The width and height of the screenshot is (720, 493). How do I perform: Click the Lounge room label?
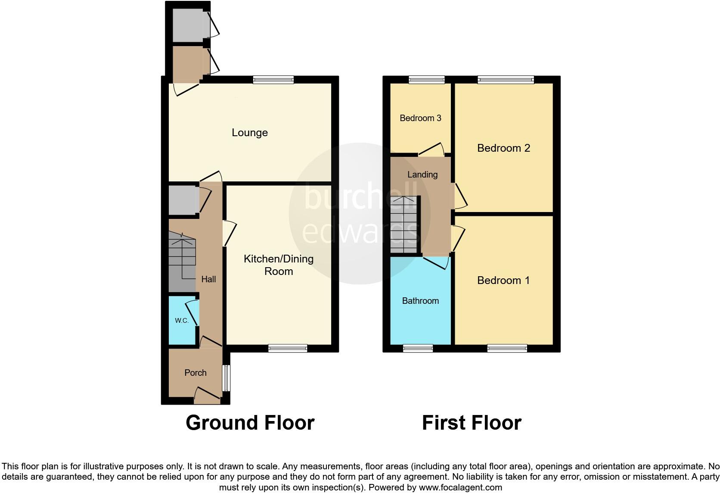250,133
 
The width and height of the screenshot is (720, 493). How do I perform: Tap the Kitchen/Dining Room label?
279,265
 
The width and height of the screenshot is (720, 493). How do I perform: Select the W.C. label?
182,321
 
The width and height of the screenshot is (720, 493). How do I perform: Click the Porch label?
196,373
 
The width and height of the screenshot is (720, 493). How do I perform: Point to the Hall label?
208,279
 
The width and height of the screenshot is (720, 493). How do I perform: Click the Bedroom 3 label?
420,118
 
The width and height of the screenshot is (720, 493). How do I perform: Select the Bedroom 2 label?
503,148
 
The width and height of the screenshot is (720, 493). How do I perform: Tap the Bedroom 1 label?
503,281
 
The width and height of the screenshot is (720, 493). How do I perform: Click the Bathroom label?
420,301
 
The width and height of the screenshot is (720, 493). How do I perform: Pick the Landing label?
422,175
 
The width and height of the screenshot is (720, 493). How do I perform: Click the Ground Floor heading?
250,423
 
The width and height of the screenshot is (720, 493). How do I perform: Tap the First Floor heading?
472,423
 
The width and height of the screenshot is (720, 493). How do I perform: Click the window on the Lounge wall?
273,80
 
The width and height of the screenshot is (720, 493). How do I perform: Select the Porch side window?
226,378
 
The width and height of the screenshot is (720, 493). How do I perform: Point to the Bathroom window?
418,348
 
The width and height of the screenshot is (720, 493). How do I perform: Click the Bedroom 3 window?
426,80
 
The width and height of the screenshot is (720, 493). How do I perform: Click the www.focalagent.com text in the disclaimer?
460,487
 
